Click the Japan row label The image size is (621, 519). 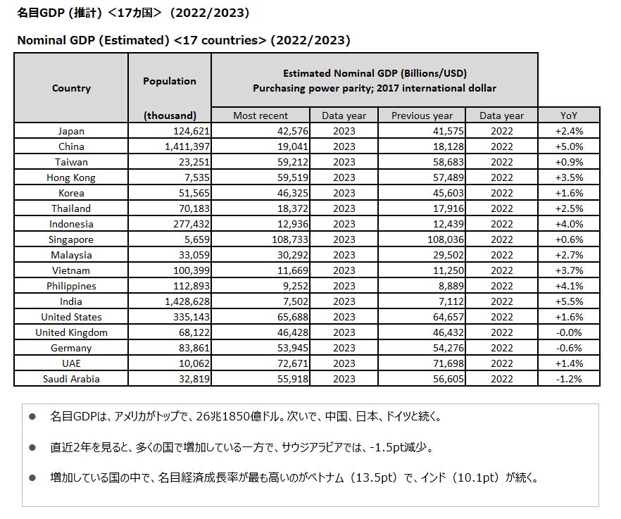point(71,131)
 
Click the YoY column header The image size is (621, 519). point(569,115)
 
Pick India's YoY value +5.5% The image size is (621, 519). point(569,301)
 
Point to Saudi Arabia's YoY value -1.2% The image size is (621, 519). point(569,379)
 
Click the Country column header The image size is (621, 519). point(71,88)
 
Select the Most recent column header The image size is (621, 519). point(261,115)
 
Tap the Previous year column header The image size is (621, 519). point(422,115)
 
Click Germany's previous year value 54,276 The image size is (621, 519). point(439,348)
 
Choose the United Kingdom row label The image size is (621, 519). point(71,332)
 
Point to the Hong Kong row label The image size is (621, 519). point(71,177)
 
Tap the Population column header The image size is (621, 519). point(170,81)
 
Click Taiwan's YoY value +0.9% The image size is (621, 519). point(569,162)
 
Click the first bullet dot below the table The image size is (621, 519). point(32,417)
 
